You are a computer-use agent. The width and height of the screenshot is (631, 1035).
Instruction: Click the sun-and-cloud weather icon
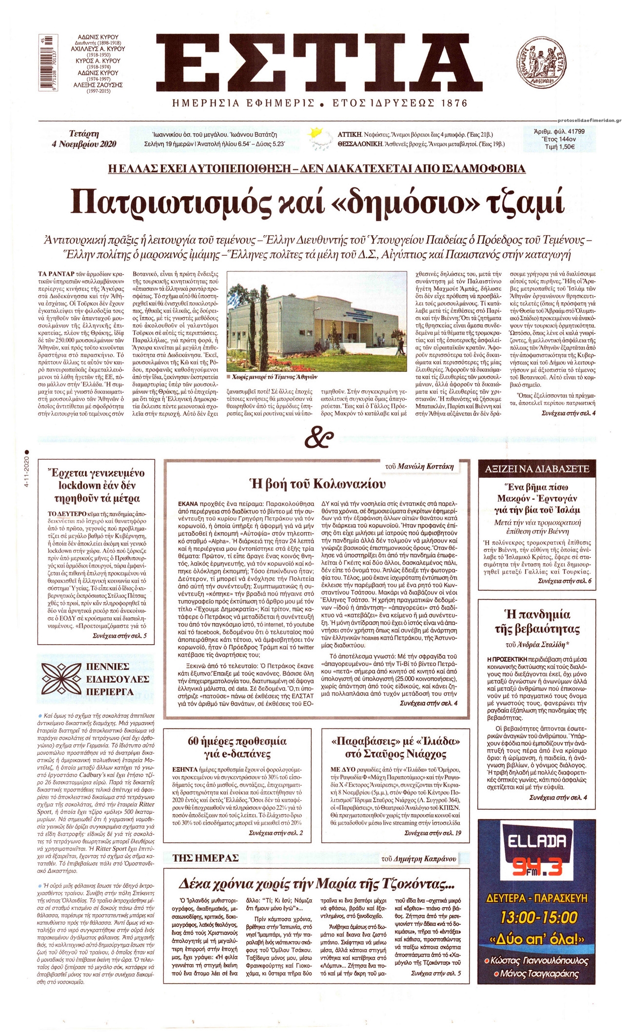[320, 138]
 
